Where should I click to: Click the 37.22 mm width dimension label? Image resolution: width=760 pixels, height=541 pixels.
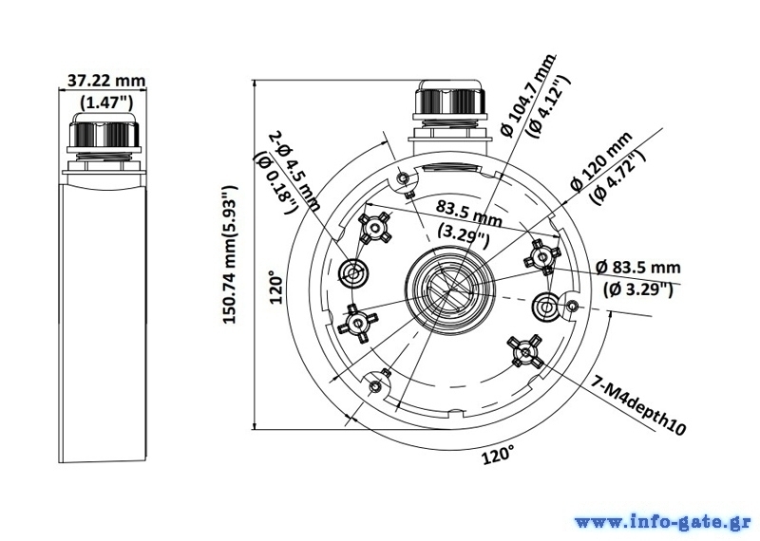(106, 81)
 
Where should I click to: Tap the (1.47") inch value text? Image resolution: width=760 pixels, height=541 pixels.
(106, 103)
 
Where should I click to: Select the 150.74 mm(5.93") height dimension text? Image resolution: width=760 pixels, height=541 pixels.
(230, 254)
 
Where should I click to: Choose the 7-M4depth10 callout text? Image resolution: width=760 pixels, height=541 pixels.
(637, 405)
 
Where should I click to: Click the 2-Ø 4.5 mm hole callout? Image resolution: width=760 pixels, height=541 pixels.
(294, 171)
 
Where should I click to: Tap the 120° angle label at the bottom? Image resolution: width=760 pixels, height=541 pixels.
(497, 455)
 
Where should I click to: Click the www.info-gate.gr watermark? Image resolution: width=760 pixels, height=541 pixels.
(663, 523)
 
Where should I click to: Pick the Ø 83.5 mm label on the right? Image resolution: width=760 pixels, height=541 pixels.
(637, 267)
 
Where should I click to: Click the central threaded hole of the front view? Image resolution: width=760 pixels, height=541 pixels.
(450, 288)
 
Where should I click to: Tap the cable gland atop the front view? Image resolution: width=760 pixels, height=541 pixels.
(448, 104)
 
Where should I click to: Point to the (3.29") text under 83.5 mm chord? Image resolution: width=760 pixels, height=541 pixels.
(464, 236)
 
